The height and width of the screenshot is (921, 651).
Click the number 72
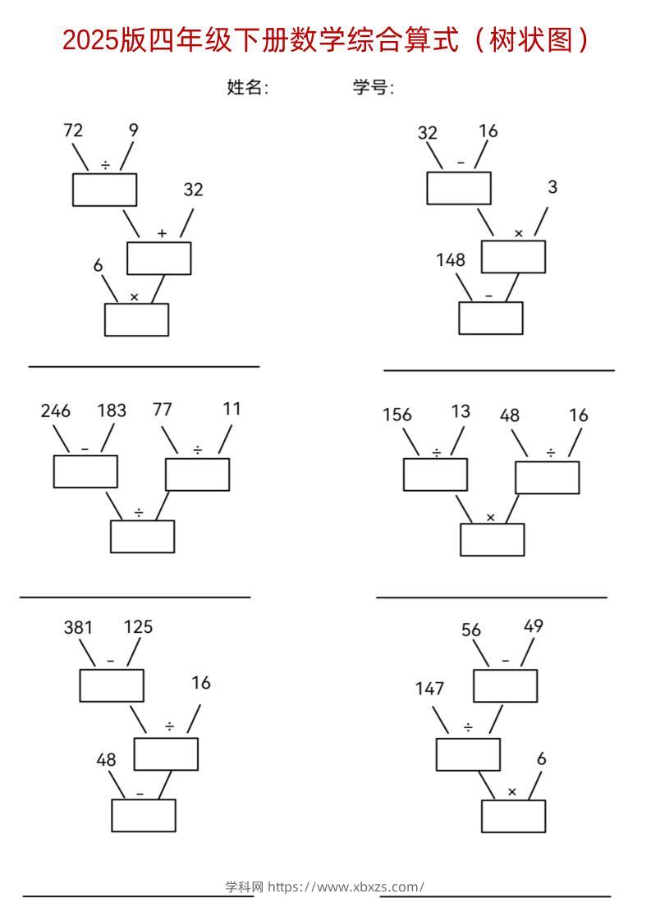click(x=73, y=130)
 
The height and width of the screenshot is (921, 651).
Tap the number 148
click(x=451, y=260)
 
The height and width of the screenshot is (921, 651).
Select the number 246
click(x=55, y=411)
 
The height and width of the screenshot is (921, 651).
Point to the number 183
click(x=112, y=411)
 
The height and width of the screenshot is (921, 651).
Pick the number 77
click(x=163, y=410)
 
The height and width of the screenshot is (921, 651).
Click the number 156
click(x=397, y=415)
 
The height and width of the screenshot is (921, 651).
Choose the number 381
click(x=78, y=628)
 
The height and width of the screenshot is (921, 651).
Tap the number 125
click(x=138, y=627)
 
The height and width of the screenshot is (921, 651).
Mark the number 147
click(x=429, y=689)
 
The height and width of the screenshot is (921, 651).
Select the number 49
click(x=534, y=626)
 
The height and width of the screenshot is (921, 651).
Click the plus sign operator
click(x=162, y=234)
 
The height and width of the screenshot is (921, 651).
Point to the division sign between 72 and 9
click(x=105, y=166)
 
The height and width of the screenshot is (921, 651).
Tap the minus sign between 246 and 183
click(x=85, y=449)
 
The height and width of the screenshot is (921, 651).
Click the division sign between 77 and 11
click(x=198, y=450)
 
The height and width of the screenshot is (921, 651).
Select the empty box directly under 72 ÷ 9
click(x=104, y=190)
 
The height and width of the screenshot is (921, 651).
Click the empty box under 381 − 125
click(x=112, y=685)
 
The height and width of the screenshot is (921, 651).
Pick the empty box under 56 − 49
click(x=505, y=686)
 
